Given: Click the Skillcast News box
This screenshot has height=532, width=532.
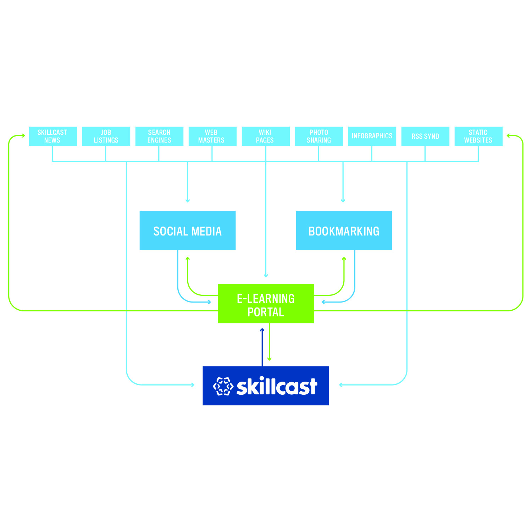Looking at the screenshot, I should click(x=53, y=136).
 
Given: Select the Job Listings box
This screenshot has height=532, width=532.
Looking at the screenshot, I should click(x=106, y=136).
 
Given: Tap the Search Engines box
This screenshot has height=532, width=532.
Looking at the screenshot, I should click(x=159, y=136).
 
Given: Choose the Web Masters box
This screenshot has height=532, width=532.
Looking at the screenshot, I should click(x=212, y=136).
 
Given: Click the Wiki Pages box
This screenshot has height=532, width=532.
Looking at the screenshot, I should click(x=265, y=136).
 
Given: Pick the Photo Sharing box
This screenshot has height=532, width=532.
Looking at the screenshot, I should click(x=319, y=136).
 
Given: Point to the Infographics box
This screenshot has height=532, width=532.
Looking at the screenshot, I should click(x=372, y=136).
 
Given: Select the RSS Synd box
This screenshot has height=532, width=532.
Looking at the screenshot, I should click(x=425, y=136).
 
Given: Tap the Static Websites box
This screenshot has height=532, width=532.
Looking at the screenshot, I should click(x=478, y=136).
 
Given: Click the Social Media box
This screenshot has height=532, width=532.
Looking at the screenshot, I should click(x=187, y=231).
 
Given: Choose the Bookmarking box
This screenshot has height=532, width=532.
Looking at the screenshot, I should click(x=344, y=231).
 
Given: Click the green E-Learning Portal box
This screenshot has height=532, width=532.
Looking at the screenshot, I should click(x=266, y=304).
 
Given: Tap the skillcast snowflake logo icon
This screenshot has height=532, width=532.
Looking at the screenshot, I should click(x=223, y=386).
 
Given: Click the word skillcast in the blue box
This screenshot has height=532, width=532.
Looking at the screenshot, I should click(x=277, y=386).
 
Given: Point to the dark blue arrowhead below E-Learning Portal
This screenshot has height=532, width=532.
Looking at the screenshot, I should click(x=262, y=330).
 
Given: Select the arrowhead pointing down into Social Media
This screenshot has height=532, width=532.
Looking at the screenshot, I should click(x=188, y=201).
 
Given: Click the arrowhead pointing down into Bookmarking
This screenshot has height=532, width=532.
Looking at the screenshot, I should click(x=343, y=201).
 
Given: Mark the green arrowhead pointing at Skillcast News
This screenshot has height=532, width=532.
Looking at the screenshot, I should click(x=23, y=135).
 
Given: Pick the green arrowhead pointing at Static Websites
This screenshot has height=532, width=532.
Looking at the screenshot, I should click(x=509, y=135).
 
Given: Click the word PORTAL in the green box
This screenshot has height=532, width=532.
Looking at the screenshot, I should click(x=266, y=312).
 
